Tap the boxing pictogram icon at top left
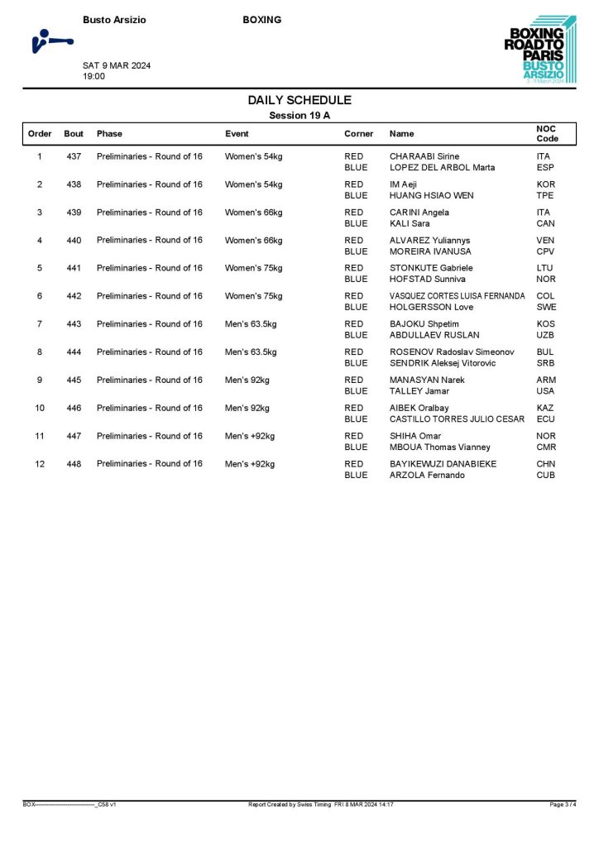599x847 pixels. tap(50, 41)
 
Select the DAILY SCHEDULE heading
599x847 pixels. tap(299, 100)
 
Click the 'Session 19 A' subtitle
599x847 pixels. tap(299, 116)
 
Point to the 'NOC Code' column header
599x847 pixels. tap(548, 133)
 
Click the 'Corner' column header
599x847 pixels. tap(358, 133)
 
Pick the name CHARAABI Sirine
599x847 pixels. tap(424, 156)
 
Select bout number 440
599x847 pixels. tap(74, 240)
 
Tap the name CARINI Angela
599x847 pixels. tap(419, 213)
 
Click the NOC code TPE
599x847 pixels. tap(545, 195)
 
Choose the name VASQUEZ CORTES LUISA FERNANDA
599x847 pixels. tap(457, 296)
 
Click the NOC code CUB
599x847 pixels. tap(545, 475)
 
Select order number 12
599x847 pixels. tap(40, 463)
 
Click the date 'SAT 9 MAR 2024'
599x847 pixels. tap(117, 65)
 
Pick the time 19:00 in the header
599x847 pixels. tap(93, 76)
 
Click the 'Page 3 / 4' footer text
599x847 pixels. tap(562, 804)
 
